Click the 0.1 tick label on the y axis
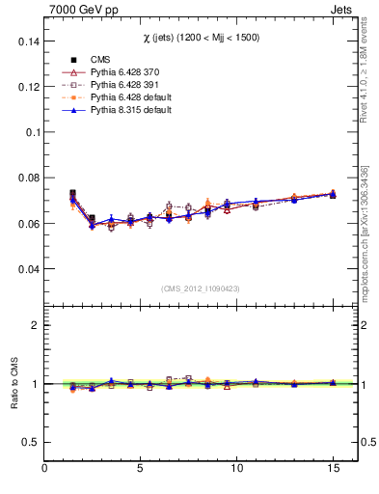(x=32, y=132)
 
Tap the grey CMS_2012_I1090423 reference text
(x=200, y=288)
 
